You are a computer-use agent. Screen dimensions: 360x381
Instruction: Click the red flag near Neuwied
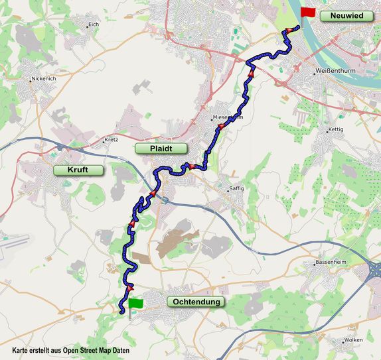[x=308, y=13]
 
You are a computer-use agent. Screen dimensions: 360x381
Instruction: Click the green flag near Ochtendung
[x=136, y=303]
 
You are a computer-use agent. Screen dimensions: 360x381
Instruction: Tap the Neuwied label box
[x=342, y=16]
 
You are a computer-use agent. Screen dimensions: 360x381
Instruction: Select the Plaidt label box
[x=160, y=149]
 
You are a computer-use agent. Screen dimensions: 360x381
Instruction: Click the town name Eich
[x=93, y=25]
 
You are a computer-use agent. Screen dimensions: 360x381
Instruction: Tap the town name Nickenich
[x=44, y=79]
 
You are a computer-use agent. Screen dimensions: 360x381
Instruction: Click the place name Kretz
[x=111, y=140]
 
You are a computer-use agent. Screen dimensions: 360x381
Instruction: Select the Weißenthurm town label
[x=335, y=70]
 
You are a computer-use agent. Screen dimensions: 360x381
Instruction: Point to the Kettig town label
[x=336, y=129]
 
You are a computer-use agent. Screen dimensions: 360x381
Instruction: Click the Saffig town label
[x=236, y=188]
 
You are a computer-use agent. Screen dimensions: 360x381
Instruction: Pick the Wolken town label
[x=353, y=340]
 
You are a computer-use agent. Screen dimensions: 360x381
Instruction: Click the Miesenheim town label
[x=228, y=117]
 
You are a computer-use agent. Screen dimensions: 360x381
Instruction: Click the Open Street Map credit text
[x=71, y=350]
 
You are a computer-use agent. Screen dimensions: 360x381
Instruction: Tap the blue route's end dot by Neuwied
[x=297, y=28]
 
